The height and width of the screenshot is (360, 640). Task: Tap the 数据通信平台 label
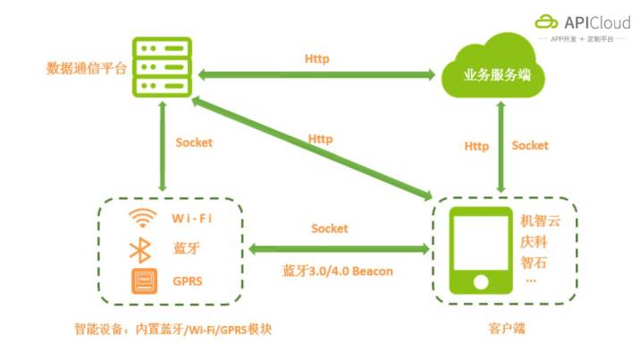point(87,67)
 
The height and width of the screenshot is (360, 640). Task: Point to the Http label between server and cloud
point(317,59)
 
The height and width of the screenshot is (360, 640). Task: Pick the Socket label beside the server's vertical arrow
point(194,142)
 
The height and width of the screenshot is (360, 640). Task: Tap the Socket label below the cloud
point(529,145)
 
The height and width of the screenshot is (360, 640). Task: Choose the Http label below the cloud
point(476,145)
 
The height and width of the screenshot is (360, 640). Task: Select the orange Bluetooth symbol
point(142,248)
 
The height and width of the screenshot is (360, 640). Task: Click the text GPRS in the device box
point(188,281)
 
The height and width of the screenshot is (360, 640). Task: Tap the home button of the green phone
point(482,281)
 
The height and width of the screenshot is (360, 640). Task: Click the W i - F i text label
point(192,218)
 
